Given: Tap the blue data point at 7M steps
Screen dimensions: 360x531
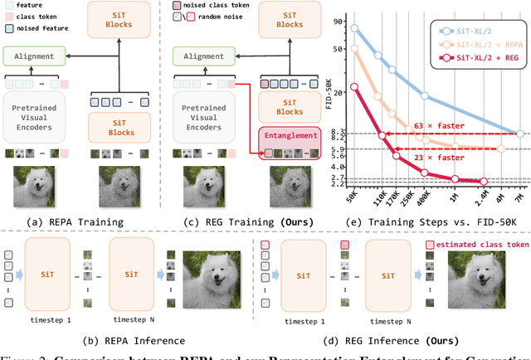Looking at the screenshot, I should pyautogui.click(x=520, y=134).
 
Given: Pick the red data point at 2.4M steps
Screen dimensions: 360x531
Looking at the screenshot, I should pyautogui.click(x=484, y=180).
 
